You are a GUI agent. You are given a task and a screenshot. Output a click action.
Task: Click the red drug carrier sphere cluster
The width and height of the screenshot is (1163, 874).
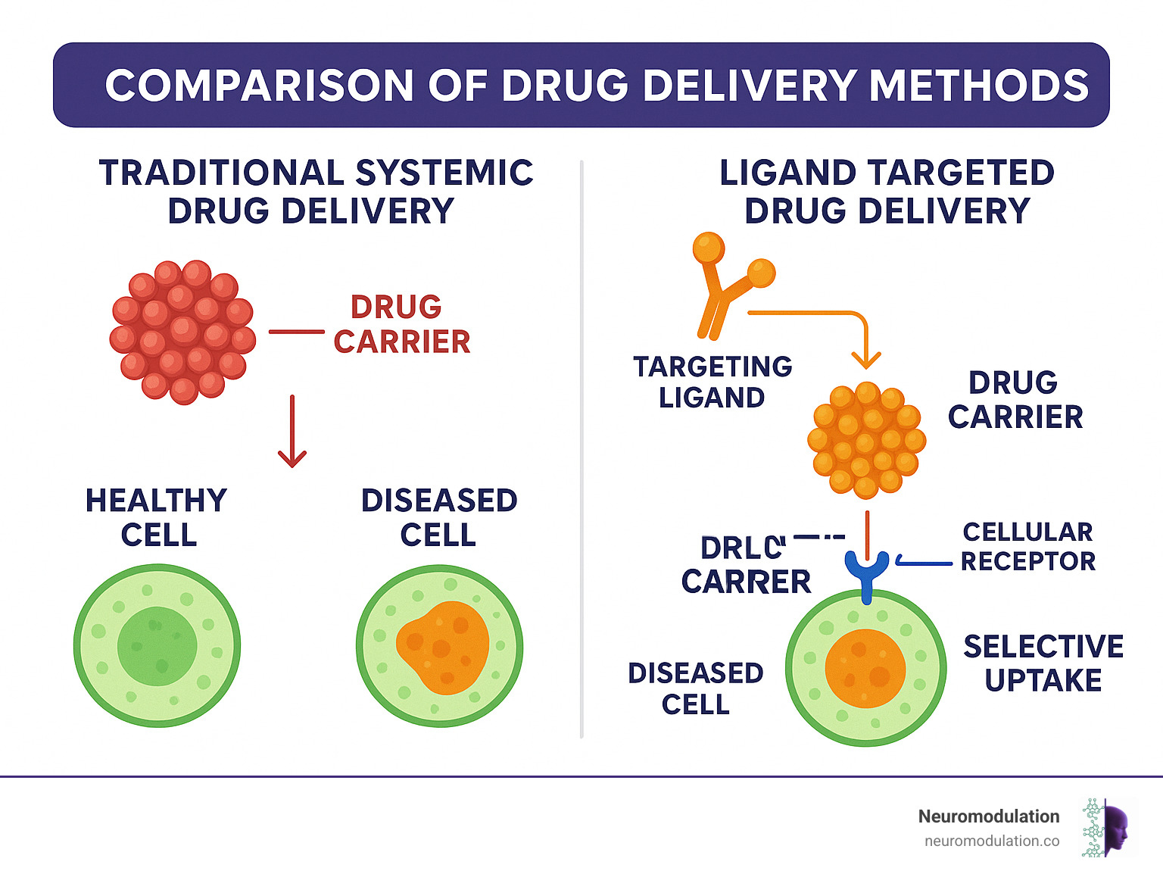182,332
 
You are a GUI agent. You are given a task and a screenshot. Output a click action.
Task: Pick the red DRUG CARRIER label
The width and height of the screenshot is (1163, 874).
401,324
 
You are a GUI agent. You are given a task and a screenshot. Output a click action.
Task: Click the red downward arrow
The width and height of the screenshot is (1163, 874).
292,432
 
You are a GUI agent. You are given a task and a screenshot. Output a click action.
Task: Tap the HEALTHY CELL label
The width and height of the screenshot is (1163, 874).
157,517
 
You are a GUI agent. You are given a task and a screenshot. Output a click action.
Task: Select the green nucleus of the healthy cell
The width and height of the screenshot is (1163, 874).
157,646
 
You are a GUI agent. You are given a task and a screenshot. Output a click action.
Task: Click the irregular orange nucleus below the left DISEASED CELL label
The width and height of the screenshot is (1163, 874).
442,646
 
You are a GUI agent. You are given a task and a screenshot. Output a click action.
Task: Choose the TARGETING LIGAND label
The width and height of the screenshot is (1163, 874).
712,382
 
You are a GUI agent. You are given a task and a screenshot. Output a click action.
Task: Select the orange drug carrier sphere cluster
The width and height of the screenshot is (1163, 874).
866,441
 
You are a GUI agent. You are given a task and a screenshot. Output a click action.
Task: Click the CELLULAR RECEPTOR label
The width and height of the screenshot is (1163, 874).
1027,546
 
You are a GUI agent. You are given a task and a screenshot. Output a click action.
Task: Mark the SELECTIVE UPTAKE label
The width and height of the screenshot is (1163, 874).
1043,663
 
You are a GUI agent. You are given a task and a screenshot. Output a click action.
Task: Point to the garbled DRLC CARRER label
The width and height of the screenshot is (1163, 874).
746,565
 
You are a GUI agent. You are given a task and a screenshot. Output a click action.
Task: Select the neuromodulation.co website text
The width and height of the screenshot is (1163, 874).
991,841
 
